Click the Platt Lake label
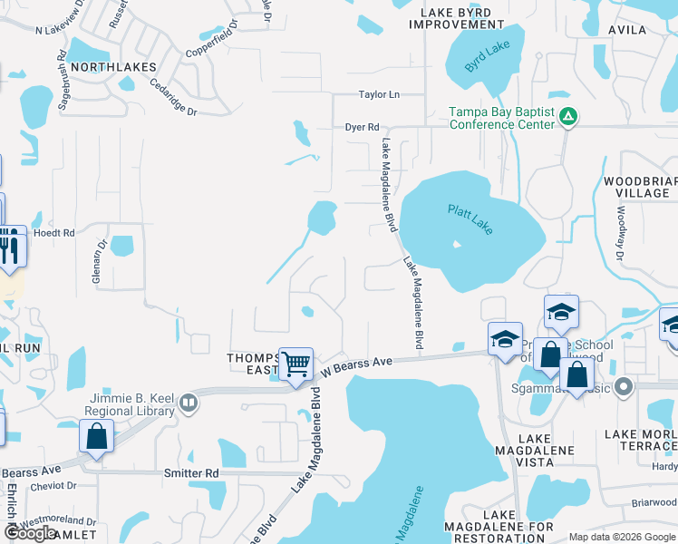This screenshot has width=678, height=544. [x=470, y=220]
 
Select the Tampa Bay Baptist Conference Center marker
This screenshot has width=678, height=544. [x=568, y=116]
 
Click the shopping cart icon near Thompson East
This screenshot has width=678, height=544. [x=296, y=364]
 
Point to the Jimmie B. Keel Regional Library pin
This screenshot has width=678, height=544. [x=189, y=402]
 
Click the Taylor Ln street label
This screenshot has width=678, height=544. [x=379, y=94]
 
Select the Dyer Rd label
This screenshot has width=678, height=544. [x=362, y=128]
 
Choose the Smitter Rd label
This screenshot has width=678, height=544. [x=191, y=473]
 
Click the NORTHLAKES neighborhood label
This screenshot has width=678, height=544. [x=113, y=67]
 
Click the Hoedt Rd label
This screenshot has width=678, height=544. [x=53, y=233]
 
